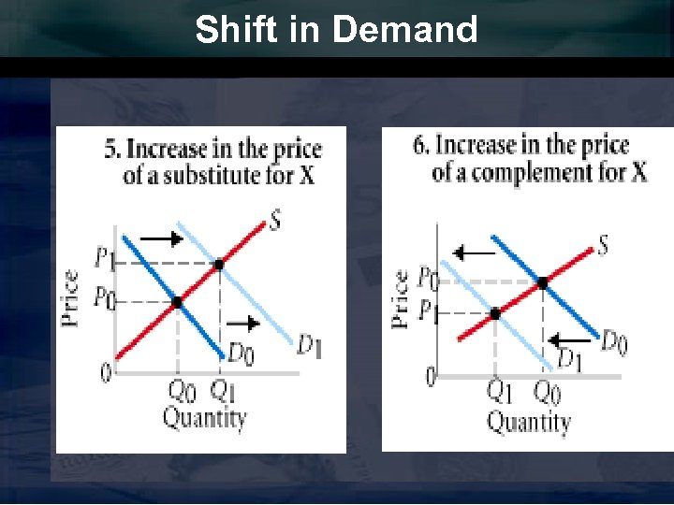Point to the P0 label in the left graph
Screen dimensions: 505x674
click(104, 297)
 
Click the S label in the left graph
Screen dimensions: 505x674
click(274, 221)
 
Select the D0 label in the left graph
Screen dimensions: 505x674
click(242, 353)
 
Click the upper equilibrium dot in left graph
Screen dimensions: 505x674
click(219, 265)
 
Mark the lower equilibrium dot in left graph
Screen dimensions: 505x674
click(177, 301)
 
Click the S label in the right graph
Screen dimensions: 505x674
click(603, 245)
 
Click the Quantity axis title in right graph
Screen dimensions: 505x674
click(528, 422)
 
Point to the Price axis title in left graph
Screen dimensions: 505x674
click(71, 297)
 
